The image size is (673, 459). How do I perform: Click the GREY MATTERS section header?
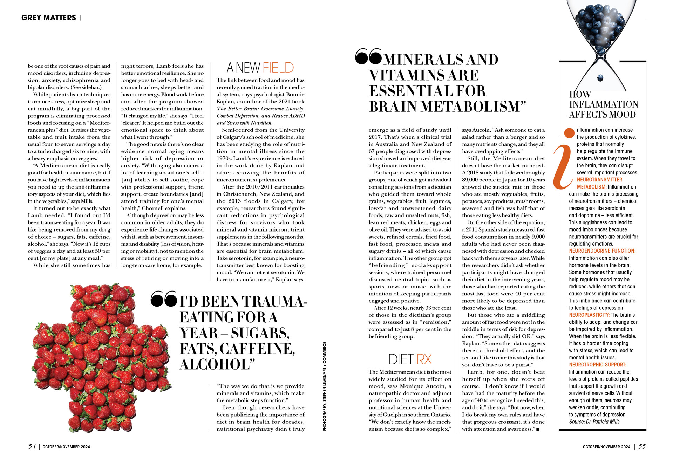[x=48, y=18]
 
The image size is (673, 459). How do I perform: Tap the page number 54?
[x=32, y=446]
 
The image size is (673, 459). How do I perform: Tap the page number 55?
[x=642, y=446]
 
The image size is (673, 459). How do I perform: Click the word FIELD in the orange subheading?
[x=278, y=67]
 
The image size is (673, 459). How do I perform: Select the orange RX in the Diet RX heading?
[x=424, y=359]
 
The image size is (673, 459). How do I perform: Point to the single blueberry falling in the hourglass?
[x=601, y=78]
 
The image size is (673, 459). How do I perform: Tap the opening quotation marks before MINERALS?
[x=368, y=57]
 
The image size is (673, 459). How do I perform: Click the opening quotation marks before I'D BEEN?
[x=163, y=299]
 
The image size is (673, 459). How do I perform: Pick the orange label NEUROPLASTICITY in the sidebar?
[x=589, y=315]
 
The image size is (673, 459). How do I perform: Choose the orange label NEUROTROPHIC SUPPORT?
[x=597, y=365]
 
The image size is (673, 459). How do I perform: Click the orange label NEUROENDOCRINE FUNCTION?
[x=602, y=251]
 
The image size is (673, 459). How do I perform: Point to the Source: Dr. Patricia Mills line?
[x=594, y=422]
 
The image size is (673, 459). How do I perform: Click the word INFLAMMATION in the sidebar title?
[x=604, y=104]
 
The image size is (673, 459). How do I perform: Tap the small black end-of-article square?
[x=537, y=429]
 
